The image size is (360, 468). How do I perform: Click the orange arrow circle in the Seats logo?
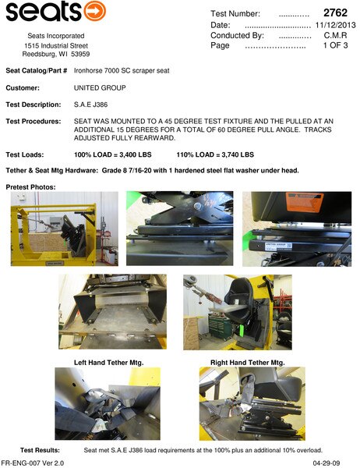click(95, 12)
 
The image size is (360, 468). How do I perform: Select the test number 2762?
click(335, 12)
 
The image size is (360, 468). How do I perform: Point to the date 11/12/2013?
click(336, 25)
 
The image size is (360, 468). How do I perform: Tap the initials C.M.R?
click(336, 35)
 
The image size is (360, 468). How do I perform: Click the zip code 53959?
click(80, 54)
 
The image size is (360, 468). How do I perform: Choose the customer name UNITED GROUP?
click(100, 87)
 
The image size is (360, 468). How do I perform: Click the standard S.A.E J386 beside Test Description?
click(90, 105)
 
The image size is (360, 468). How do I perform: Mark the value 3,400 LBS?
click(136, 154)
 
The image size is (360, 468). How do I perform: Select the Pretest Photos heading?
click(30, 187)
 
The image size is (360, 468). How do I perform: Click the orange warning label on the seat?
click(305, 201)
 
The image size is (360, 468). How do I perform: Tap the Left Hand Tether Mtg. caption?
click(109, 363)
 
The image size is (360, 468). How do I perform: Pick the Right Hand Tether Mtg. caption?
click(248, 363)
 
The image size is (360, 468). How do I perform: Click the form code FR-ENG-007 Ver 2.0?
click(33, 463)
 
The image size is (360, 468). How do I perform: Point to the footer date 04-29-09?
click(326, 463)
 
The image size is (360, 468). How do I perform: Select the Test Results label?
click(40, 450)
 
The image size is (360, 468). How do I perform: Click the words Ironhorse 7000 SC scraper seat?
click(122, 71)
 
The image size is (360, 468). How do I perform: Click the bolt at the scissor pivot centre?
click(197, 206)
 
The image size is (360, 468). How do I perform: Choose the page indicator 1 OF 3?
click(336, 45)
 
